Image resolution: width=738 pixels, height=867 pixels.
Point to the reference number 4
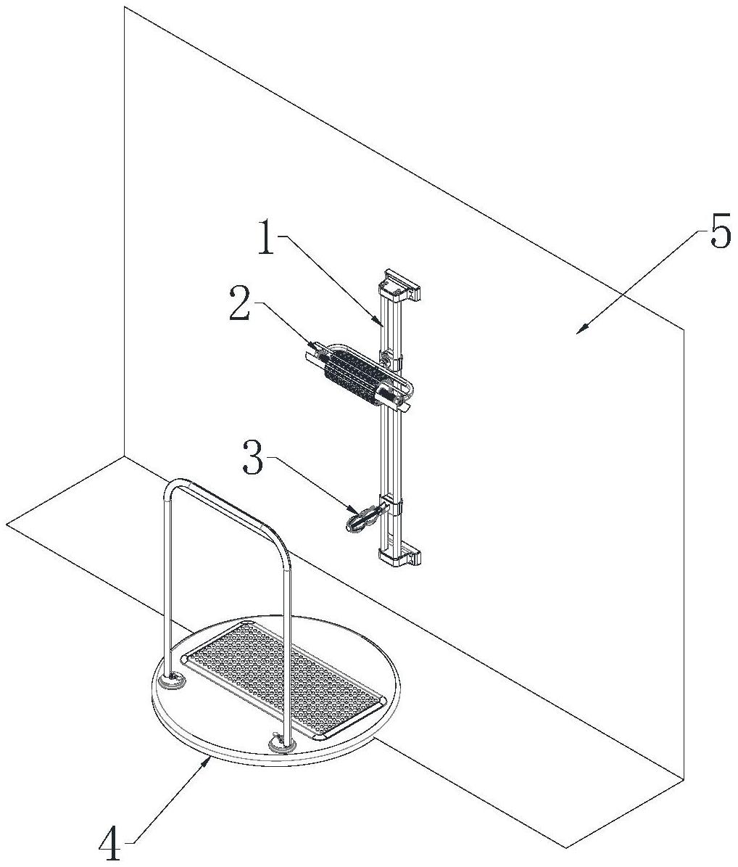click(x=110, y=845)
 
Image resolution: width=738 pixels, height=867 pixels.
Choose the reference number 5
click(x=719, y=234)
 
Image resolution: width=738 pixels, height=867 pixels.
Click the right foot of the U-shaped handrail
click(x=280, y=741)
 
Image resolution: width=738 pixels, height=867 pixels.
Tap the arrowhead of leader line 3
click(x=353, y=511)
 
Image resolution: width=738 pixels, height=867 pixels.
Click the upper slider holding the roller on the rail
click(x=390, y=359)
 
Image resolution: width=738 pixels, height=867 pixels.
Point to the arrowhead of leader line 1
click(x=381, y=325)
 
